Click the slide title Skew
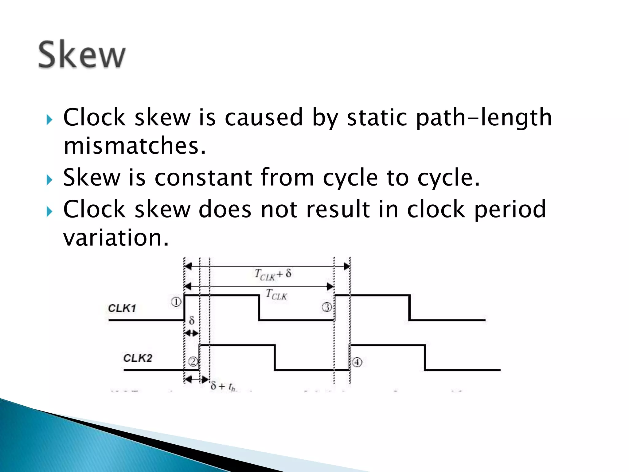82,55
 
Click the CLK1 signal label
122,308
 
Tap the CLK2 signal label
138,358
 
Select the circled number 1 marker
176,302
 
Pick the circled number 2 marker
193,361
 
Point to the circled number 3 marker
327,307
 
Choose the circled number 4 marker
357,362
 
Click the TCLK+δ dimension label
273,274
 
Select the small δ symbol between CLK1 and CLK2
192,321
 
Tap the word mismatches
134,146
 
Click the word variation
116,238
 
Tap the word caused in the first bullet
264,118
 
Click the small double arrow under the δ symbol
191,333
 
